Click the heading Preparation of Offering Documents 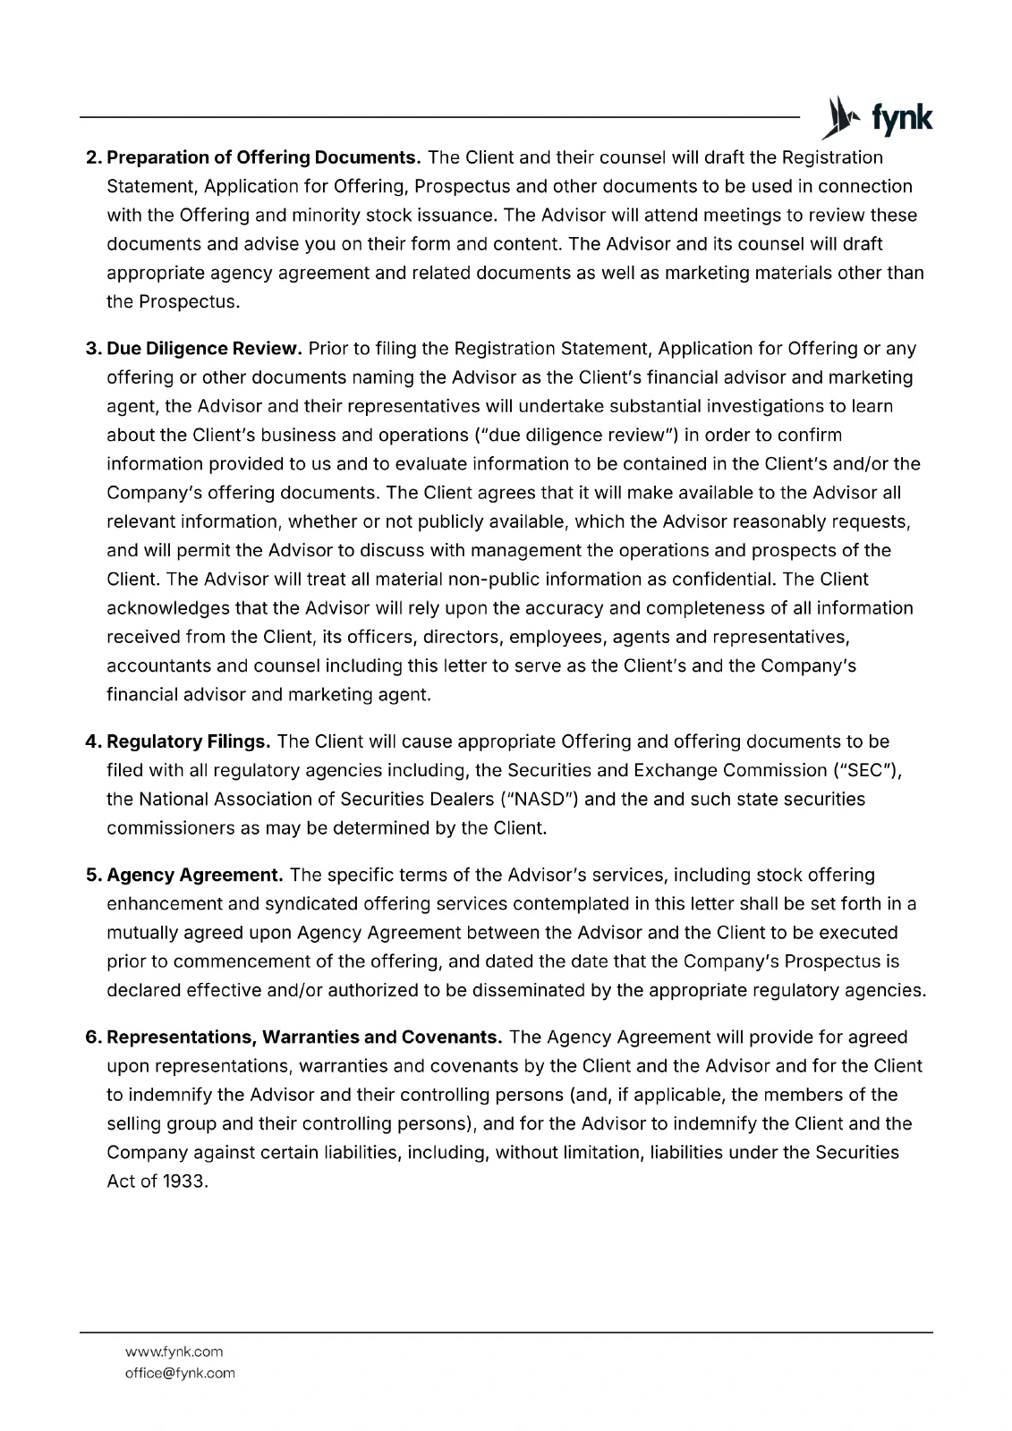264,158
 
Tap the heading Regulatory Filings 189,742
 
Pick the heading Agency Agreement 195,875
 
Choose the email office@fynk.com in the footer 179,1373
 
